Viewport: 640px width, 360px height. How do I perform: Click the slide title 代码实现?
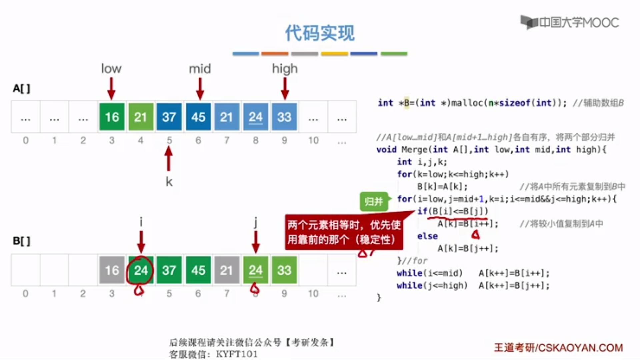320,33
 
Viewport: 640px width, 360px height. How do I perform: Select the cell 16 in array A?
112,117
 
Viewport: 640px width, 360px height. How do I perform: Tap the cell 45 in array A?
198,117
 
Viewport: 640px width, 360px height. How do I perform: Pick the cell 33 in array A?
284,117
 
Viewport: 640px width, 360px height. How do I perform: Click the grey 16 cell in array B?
112,270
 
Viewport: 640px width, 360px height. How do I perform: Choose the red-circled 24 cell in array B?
141,270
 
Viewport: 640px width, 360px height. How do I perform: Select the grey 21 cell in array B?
226,270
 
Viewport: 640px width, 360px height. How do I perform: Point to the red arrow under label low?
111,89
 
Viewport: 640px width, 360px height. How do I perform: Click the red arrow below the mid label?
200,89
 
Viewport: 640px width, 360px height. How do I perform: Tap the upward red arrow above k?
169,159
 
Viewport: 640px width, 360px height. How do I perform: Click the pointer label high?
285,69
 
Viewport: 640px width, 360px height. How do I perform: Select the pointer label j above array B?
256,222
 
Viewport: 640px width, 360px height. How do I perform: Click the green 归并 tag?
374,202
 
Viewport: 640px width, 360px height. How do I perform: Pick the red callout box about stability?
344,232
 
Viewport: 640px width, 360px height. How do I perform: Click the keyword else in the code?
427,236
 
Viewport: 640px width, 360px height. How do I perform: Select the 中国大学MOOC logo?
570,22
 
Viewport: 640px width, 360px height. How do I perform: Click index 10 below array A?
313,140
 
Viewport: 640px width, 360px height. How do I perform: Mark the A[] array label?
21,89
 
